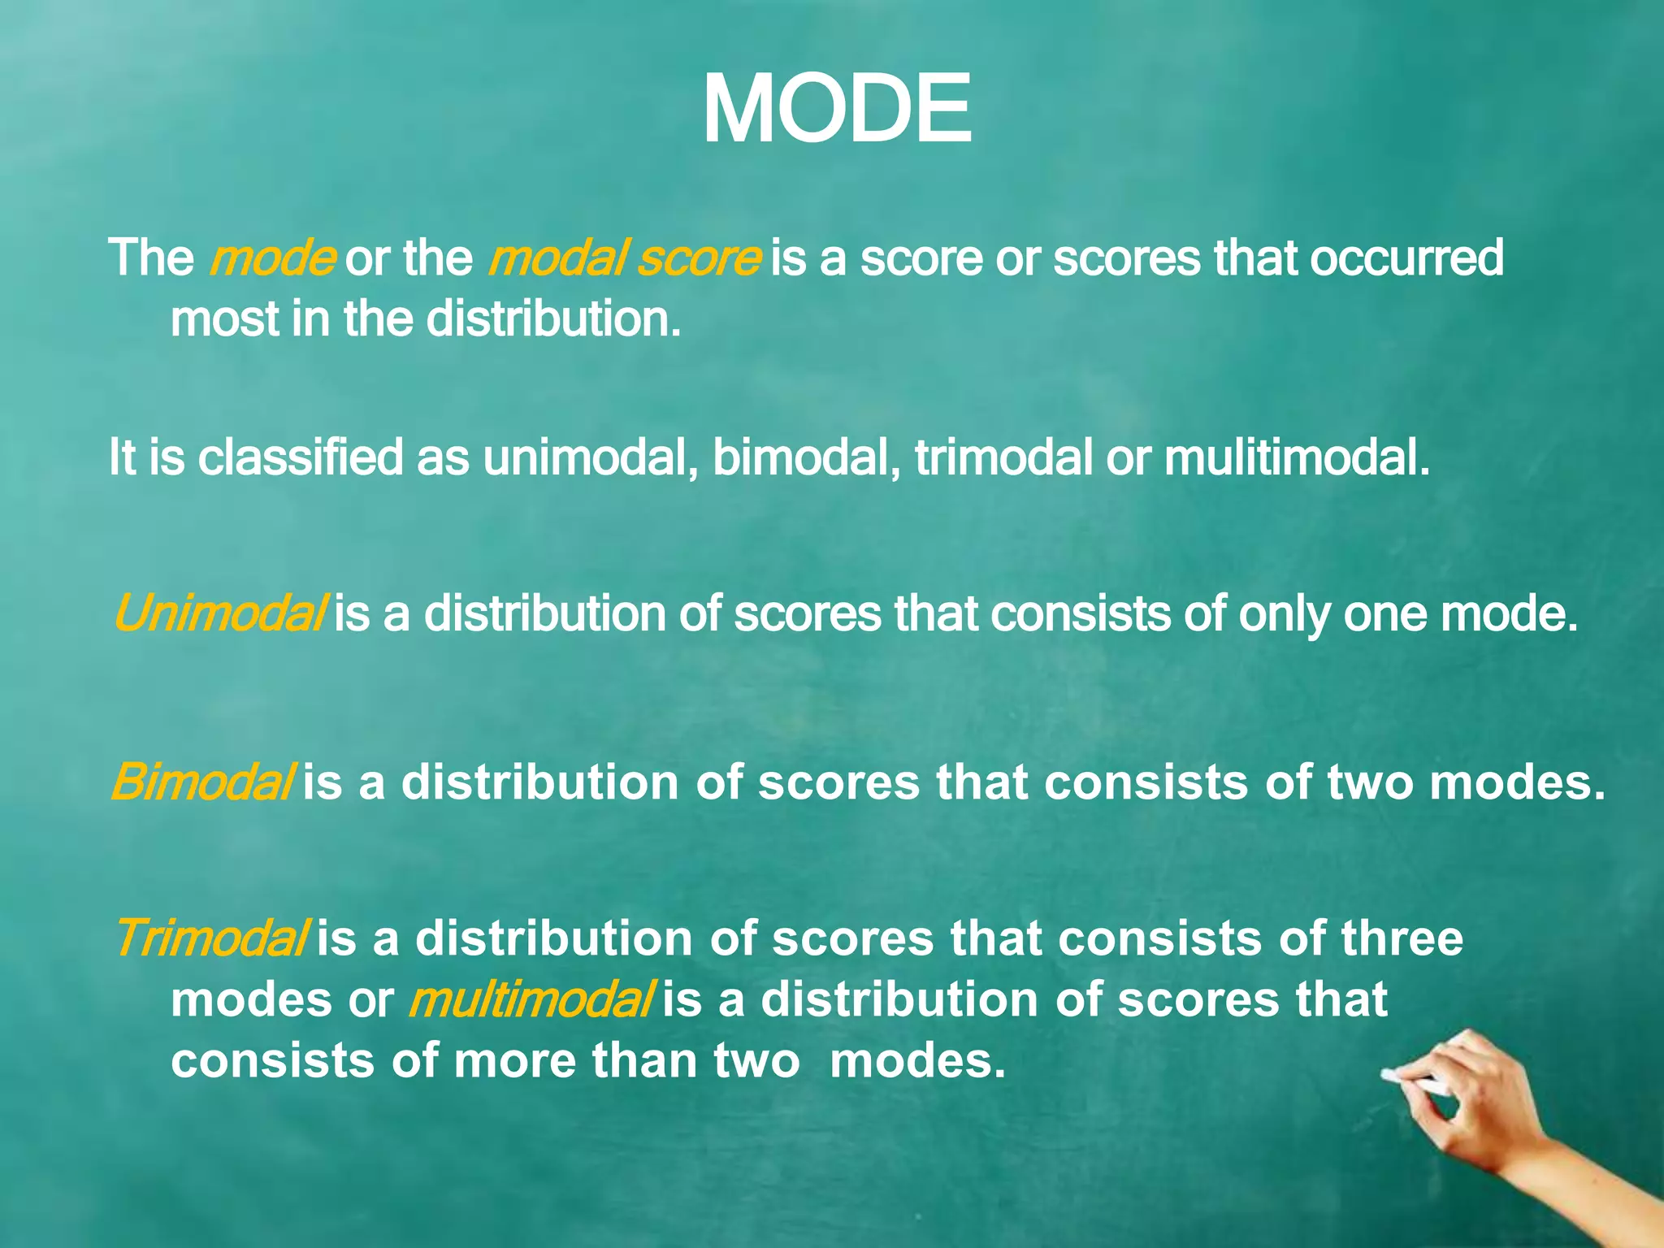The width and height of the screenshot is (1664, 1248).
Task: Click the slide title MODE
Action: point(836,110)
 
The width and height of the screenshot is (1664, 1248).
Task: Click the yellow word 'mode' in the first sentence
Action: point(272,258)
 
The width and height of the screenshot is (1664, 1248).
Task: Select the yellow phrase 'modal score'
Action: point(624,258)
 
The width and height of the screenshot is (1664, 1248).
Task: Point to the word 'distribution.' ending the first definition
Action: point(553,318)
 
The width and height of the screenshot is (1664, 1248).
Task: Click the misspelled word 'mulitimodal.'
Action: point(1297,457)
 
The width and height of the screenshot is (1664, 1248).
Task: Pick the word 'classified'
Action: point(300,457)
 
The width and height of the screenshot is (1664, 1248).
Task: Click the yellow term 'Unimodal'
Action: point(220,613)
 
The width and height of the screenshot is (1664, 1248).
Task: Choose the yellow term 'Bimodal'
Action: point(201,782)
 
